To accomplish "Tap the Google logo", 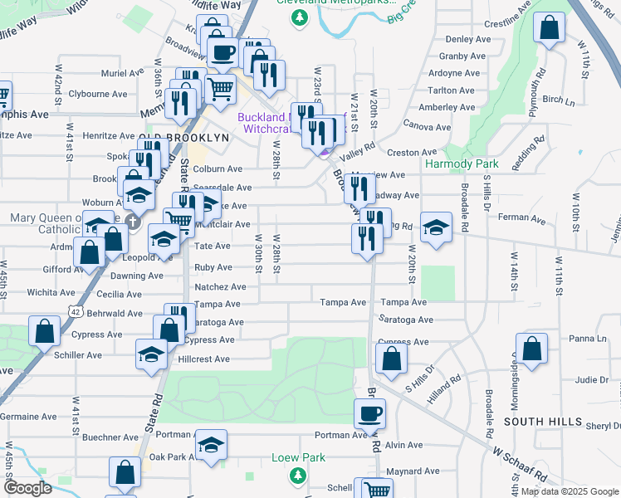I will click(x=27, y=488).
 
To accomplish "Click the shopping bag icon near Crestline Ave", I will click(x=549, y=27).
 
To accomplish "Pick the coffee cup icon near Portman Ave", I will click(x=369, y=412).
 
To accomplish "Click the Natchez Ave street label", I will click(x=220, y=287).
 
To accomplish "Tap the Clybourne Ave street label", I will click(x=96, y=94).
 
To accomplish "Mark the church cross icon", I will click(x=131, y=222).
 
